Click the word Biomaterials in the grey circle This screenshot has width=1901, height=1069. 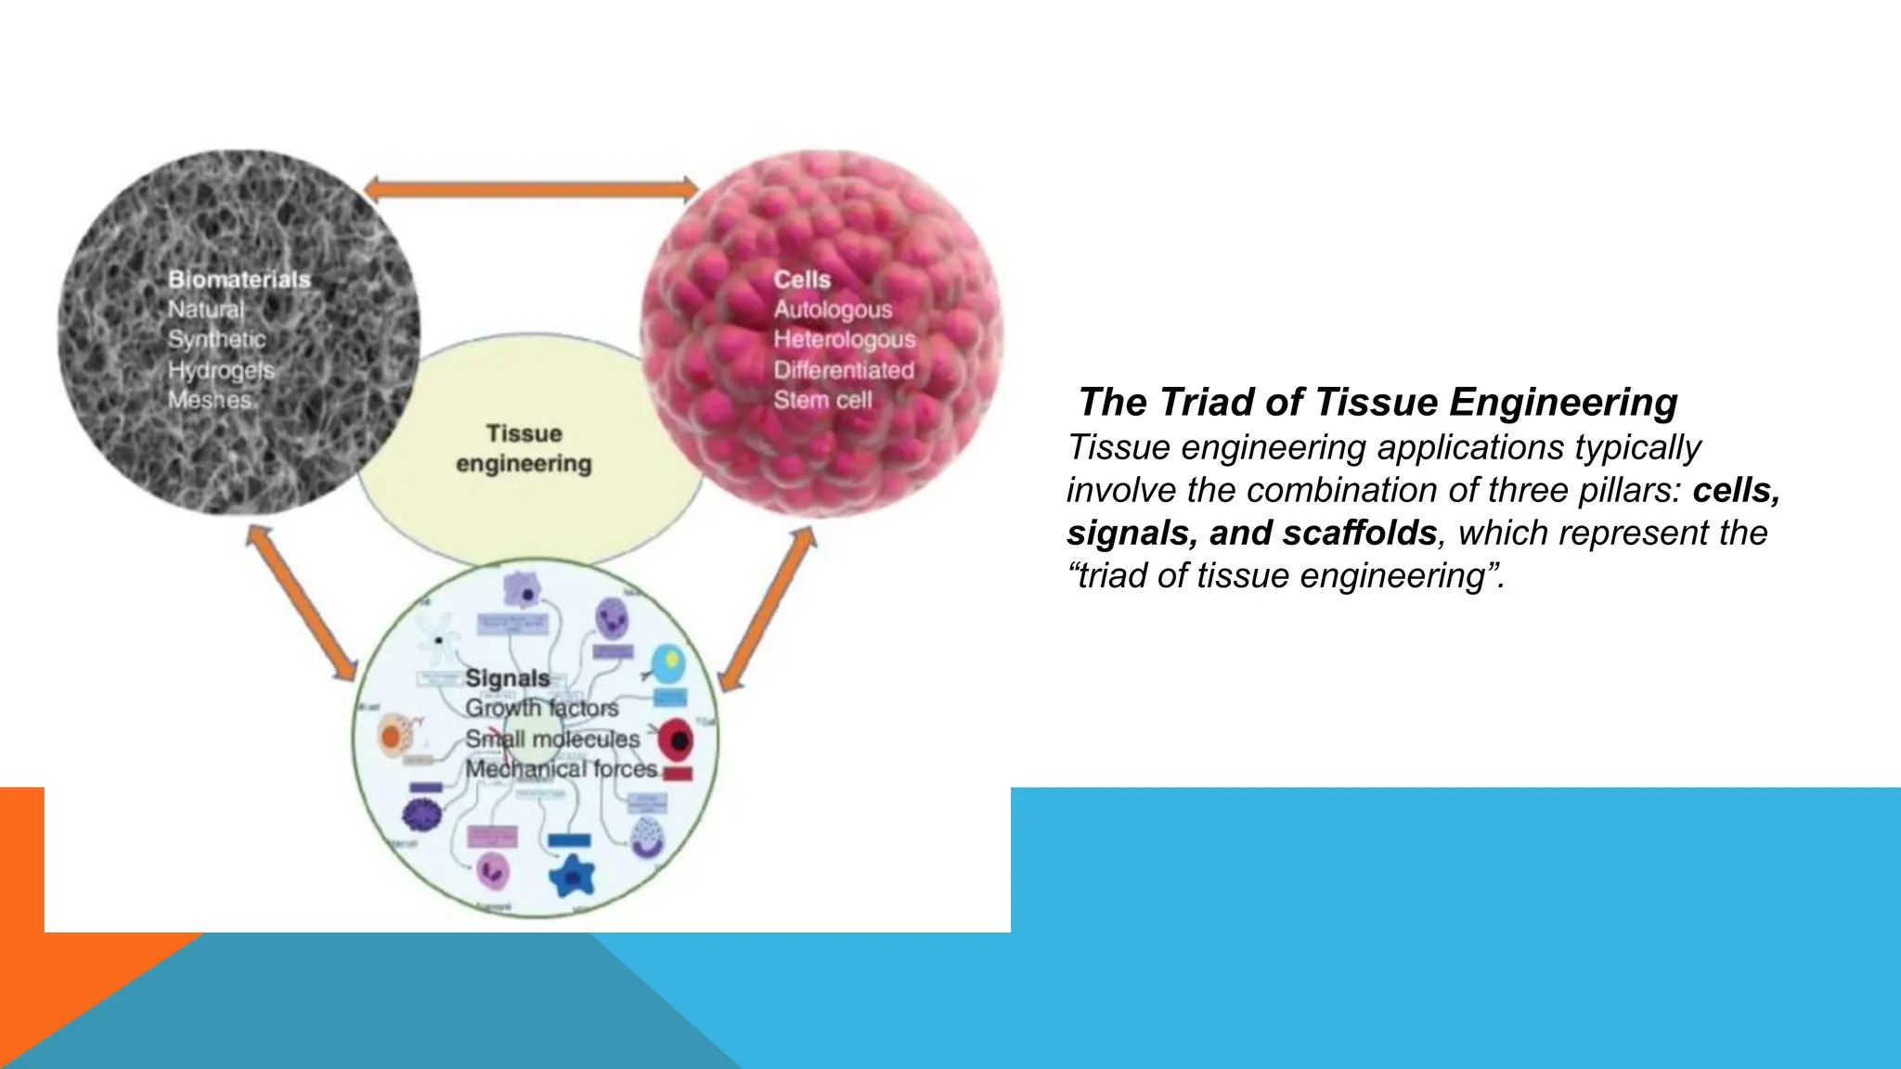239,279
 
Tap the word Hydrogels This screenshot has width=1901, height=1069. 221,370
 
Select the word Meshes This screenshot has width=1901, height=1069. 210,400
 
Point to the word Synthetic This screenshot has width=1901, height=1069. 216,340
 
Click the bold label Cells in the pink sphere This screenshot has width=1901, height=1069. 802,279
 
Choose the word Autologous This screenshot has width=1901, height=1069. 833,310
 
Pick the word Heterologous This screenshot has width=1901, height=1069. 844,340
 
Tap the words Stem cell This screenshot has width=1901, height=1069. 822,400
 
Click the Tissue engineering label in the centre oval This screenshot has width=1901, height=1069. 524,448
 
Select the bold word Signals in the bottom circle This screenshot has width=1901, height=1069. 507,678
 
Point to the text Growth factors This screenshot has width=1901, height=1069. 541,708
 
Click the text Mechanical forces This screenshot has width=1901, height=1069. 561,769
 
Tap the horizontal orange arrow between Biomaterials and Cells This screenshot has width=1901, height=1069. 531,189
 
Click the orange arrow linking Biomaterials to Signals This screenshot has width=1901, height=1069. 303,604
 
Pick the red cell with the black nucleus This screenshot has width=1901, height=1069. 677,740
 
